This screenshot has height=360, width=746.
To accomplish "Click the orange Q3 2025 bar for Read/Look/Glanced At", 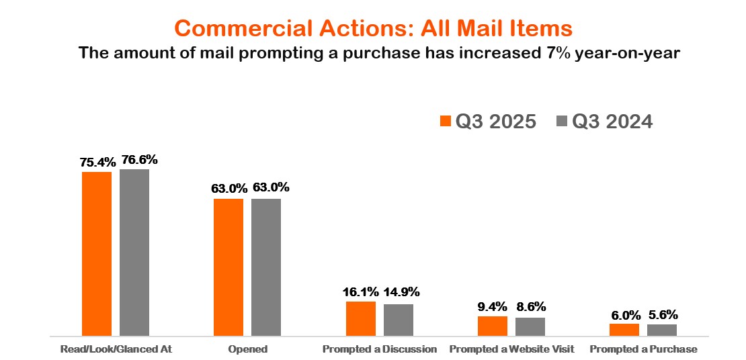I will click(x=97, y=253).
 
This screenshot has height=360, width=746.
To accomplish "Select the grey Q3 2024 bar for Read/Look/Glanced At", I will click(x=134, y=252).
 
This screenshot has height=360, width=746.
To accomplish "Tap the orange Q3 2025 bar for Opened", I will click(x=229, y=267).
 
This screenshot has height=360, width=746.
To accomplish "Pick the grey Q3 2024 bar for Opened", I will click(x=266, y=267).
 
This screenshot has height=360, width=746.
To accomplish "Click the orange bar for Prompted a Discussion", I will click(x=361, y=318).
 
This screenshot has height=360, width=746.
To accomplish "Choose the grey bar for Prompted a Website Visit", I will click(x=530, y=326).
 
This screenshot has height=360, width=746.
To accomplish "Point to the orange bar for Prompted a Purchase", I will click(x=624, y=329).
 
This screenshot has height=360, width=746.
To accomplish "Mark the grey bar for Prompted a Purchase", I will click(x=662, y=330).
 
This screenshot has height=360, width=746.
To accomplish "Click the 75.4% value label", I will click(x=97, y=162).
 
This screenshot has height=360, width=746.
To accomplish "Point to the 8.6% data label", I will click(x=531, y=307).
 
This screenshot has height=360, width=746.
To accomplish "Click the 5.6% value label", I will click(x=663, y=314).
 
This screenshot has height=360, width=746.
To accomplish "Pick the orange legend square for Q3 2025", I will click(x=445, y=122).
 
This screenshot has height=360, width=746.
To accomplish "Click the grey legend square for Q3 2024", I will click(x=562, y=122).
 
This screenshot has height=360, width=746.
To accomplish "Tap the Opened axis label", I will click(x=247, y=349).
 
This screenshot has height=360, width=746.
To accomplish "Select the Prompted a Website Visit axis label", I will click(x=511, y=349).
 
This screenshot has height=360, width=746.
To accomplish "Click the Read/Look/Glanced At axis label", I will click(x=116, y=349).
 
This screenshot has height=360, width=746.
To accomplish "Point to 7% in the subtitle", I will click(x=550, y=52).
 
